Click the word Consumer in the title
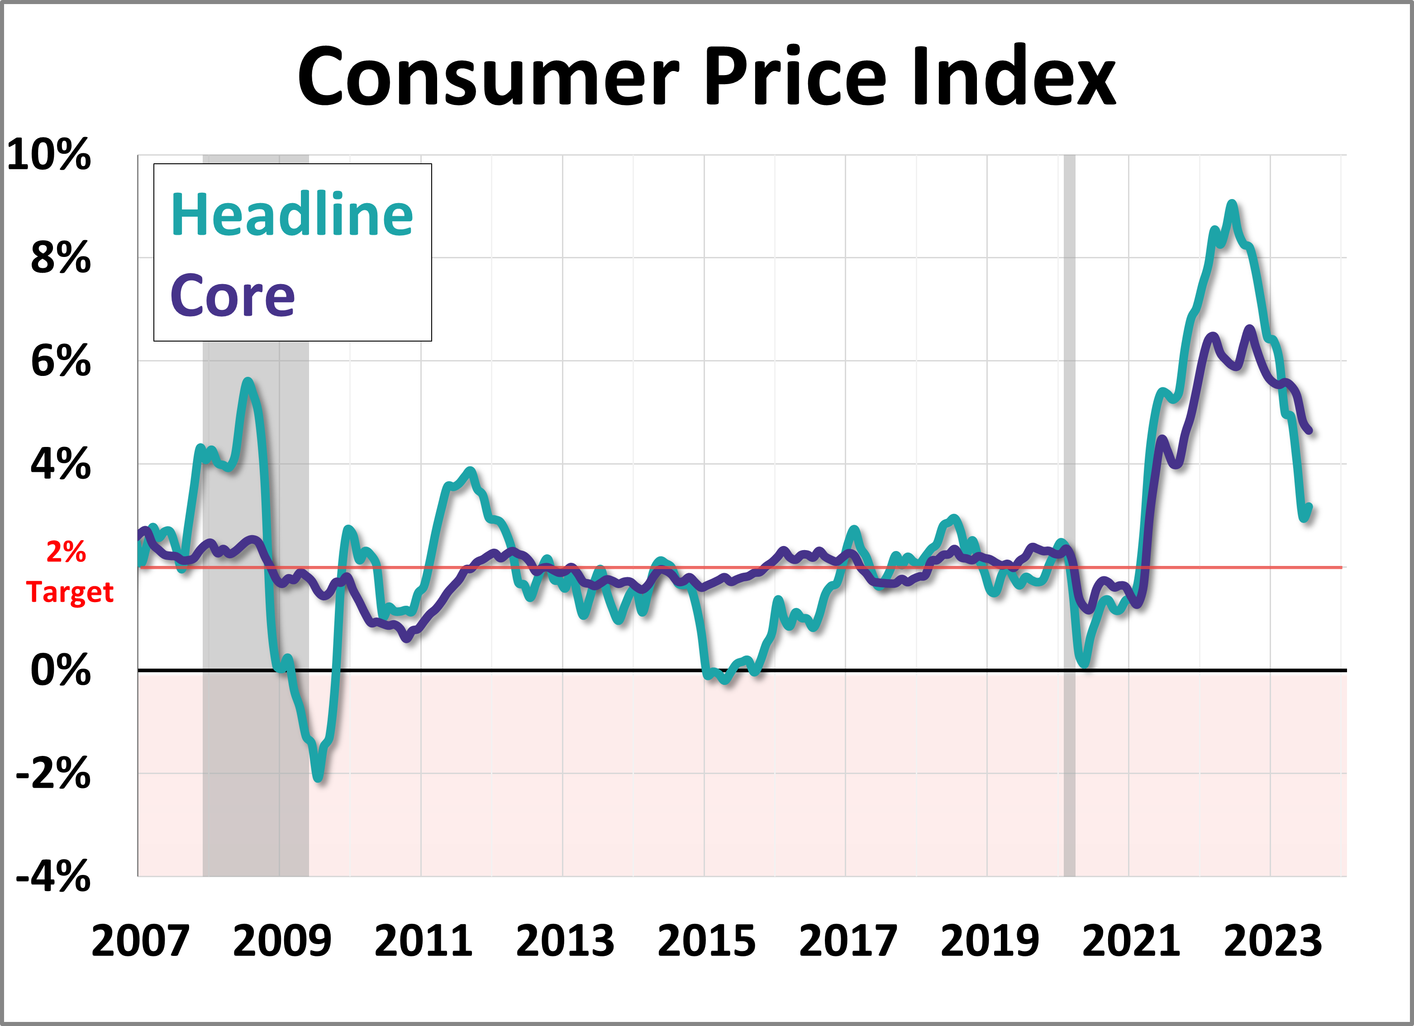pos(488,77)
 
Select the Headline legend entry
pos(292,214)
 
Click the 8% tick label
pos(61,257)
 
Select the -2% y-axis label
pos(53,774)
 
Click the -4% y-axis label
pos(53,876)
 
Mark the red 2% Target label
pos(69,572)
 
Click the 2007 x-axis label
pos(140,941)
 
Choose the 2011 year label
pos(424,941)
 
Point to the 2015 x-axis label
pos(706,941)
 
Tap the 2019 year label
pos(990,941)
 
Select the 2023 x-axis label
pos(1272,941)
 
